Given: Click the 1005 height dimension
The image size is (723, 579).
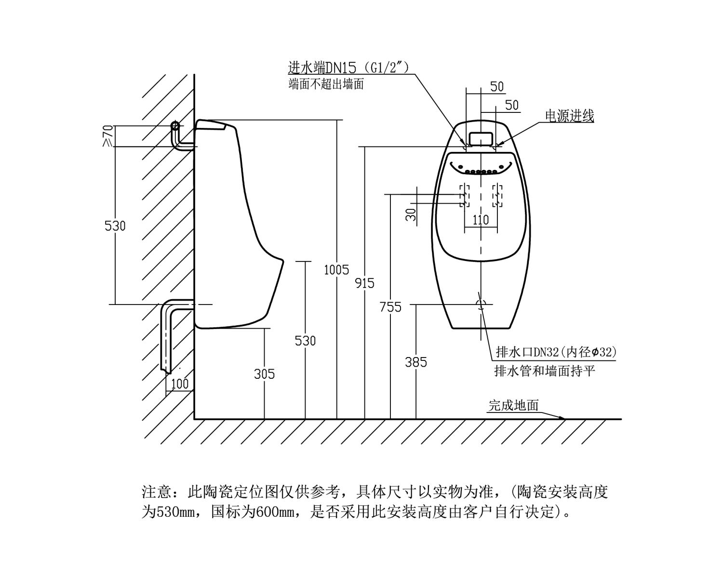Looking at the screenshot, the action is pyautogui.click(x=336, y=270).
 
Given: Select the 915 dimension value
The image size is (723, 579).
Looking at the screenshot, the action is pyautogui.click(x=364, y=283).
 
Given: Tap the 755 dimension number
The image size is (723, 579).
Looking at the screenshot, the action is pyautogui.click(x=390, y=307).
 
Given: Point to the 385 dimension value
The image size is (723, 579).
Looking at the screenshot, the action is pyautogui.click(x=416, y=362).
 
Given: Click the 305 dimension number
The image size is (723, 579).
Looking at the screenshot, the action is pyautogui.click(x=265, y=374).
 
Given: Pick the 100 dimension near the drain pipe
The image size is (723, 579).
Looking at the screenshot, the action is pyautogui.click(x=180, y=384).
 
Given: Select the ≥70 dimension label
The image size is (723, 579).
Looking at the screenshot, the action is pyautogui.click(x=108, y=136).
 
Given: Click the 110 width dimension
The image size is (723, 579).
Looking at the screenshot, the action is pyautogui.click(x=481, y=220).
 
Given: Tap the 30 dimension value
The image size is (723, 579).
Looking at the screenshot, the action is pyautogui.click(x=411, y=214).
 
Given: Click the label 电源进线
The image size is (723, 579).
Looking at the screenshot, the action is pyautogui.click(x=569, y=116).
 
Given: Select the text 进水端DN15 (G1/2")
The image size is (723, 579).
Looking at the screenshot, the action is pyautogui.click(x=348, y=68).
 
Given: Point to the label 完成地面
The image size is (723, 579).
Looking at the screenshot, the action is pyautogui.click(x=513, y=405).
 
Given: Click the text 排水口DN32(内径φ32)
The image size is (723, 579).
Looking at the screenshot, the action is pyautogui.click(x=556, y=352).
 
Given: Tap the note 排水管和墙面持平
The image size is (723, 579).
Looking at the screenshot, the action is pyautogui.click(x=545, y=371).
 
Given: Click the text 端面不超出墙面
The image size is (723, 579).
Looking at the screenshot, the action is pyautogui.click(x=326, y=84).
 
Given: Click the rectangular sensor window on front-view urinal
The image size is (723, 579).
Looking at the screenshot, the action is pyautogui.click(x=481, y=138).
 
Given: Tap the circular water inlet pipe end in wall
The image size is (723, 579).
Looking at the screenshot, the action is pyautogui.click(x=175, y=126).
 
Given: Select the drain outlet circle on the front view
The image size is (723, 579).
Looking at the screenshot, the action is pyautogui.click(x=481, y=304).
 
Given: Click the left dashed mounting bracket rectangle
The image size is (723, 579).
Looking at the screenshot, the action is pyautogui.click(x=465, y=195).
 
